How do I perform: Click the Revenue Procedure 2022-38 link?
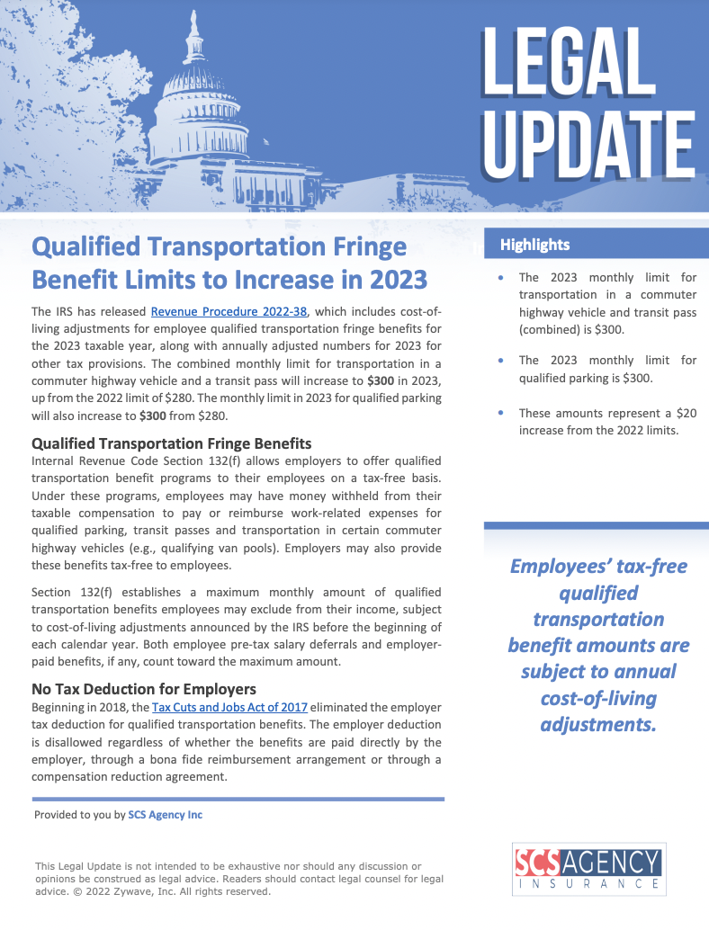click(229, 312)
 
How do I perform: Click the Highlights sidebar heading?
click(535, 245)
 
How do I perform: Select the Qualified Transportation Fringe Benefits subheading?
click(171, 443)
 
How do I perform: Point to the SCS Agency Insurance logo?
click(588, 868)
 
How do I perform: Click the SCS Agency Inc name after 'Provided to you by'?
click(165, 815)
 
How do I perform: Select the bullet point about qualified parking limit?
click(607, 369)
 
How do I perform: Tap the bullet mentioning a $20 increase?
click(607, 422)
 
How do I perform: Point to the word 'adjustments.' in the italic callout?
click(597, 723)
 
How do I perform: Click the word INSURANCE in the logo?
click(588, 884)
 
